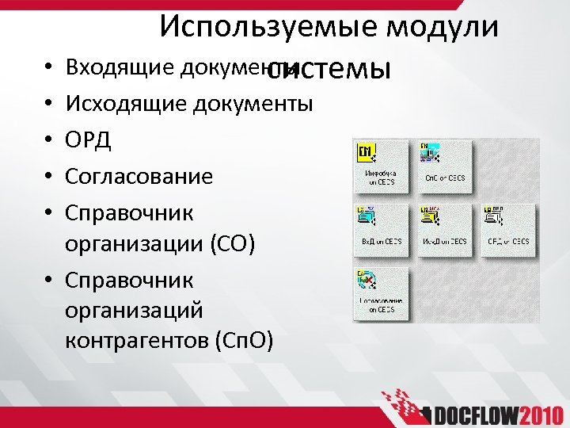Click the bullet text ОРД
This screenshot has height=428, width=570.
click(x=89, y=139)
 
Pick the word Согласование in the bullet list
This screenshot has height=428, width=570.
click(x=139, y=175)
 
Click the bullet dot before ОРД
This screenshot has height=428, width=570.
click(x=50, y=140)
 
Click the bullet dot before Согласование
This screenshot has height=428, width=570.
click(x=50, y=176)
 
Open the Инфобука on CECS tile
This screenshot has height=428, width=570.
click(x=379, y=165)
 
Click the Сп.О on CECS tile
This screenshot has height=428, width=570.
click(x=445, y=165)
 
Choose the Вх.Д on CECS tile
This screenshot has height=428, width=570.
click(x=379, y=228)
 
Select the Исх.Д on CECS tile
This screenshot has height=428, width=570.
click(x=445, y=228)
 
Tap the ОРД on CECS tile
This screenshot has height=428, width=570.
click(x=507, y=228)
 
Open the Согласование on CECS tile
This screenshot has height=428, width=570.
click(x=379, y=292)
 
